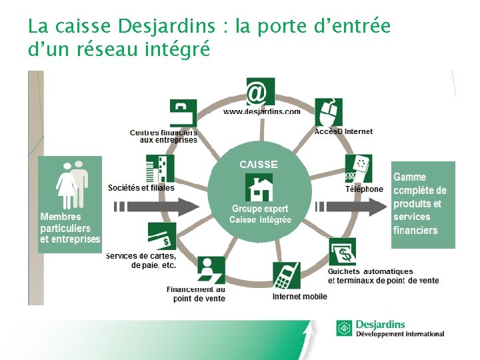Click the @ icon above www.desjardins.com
coord(260,92)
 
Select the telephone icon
coord(359,169)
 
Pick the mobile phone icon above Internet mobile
coord(287,275)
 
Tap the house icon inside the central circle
coord(259,187)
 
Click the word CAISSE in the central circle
coord(259,164)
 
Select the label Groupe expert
coord(260,209)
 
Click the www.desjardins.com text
coord(261,111)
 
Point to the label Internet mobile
coord(300,297)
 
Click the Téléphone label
coord(364,189)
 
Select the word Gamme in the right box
coord(409,177)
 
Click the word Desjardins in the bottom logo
coord(381,325)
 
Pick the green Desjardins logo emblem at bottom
coord(345,329)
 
